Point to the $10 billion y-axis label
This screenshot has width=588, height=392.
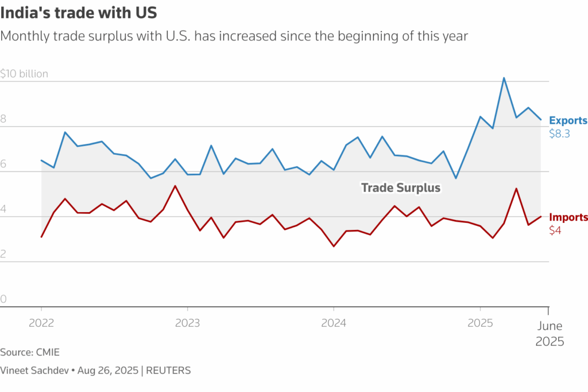[x=24, y=73]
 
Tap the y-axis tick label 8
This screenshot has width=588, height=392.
[x=3, y=119]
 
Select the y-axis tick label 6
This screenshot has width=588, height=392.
[x=3, y=164]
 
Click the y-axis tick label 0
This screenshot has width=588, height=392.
[x=3, y=299]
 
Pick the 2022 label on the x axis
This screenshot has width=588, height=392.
[x=41, y=323]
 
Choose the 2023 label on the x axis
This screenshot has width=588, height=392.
[x=187, y=323]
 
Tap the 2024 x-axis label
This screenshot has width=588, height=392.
[x=334, y=323]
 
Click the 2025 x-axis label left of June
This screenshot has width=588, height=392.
[x=480, y=323]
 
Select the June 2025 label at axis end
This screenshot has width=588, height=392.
[x=550, y=334]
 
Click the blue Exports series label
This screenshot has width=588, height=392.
[x=568, y=120]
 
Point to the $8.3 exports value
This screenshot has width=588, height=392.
[x=559, y=134]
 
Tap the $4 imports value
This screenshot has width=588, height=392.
[x=555, y=230]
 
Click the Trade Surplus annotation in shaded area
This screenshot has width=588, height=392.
[x=401, y=187]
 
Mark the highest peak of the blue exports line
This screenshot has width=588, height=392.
[x=504, y=78]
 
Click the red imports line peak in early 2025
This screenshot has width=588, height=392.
[x=516, y=189]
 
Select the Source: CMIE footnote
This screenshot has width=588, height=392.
[x=30, y=352]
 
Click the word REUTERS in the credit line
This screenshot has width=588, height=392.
[x=169, y=370]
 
